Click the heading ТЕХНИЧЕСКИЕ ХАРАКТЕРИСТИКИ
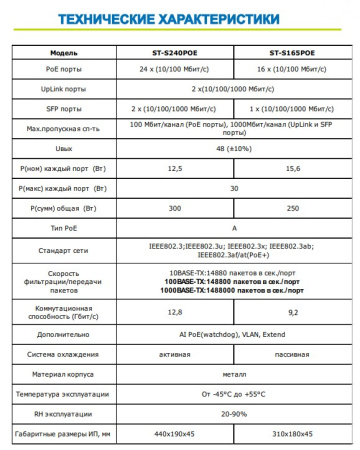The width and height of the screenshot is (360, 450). tap(179, 19)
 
